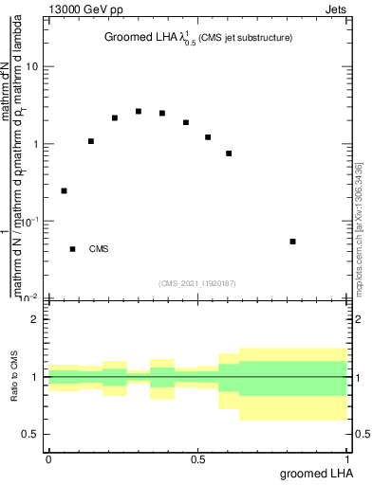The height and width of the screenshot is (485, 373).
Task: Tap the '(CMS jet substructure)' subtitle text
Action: point(246,38)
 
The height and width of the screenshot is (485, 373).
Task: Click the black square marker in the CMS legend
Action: point(73,249)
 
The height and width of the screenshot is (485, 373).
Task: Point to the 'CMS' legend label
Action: point(99,249)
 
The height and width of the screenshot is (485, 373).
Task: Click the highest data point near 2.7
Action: point(139,111)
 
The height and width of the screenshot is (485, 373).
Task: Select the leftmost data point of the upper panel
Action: point(64,190)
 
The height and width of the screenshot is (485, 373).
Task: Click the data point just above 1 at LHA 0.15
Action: point(91,141)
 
